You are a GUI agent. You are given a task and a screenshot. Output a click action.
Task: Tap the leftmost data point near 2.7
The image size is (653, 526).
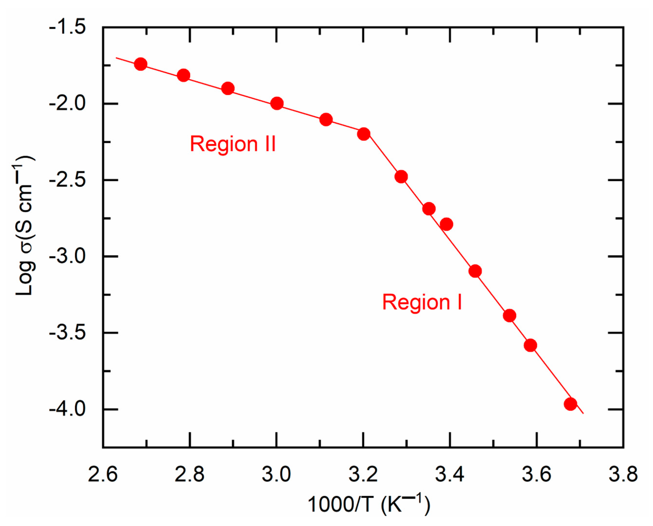141,64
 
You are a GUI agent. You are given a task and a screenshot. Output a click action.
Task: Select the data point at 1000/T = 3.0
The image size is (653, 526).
277,104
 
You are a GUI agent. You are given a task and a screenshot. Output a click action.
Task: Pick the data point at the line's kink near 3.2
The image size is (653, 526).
364,134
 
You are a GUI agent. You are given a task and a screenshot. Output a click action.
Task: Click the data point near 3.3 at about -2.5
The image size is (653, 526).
401,176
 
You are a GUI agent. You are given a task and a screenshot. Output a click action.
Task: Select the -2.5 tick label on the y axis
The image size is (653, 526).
67,180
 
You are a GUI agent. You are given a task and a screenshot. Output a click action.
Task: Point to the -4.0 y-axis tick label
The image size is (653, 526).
67,409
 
